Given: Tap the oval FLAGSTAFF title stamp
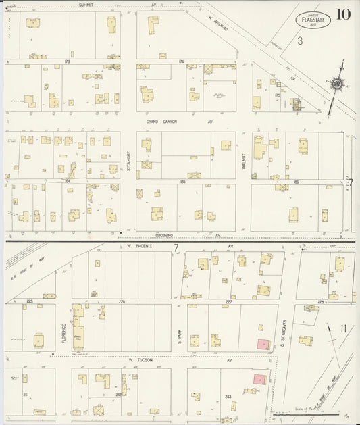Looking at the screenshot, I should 312,20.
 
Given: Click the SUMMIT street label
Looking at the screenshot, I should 86,5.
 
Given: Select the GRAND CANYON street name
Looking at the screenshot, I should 162,122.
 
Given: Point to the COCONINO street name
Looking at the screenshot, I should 165,235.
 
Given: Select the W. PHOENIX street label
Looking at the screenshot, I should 140,246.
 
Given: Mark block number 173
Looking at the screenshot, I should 67,61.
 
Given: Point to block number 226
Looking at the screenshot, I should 122,301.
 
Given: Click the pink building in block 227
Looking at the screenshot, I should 262,343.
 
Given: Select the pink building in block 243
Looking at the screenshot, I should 258,380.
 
